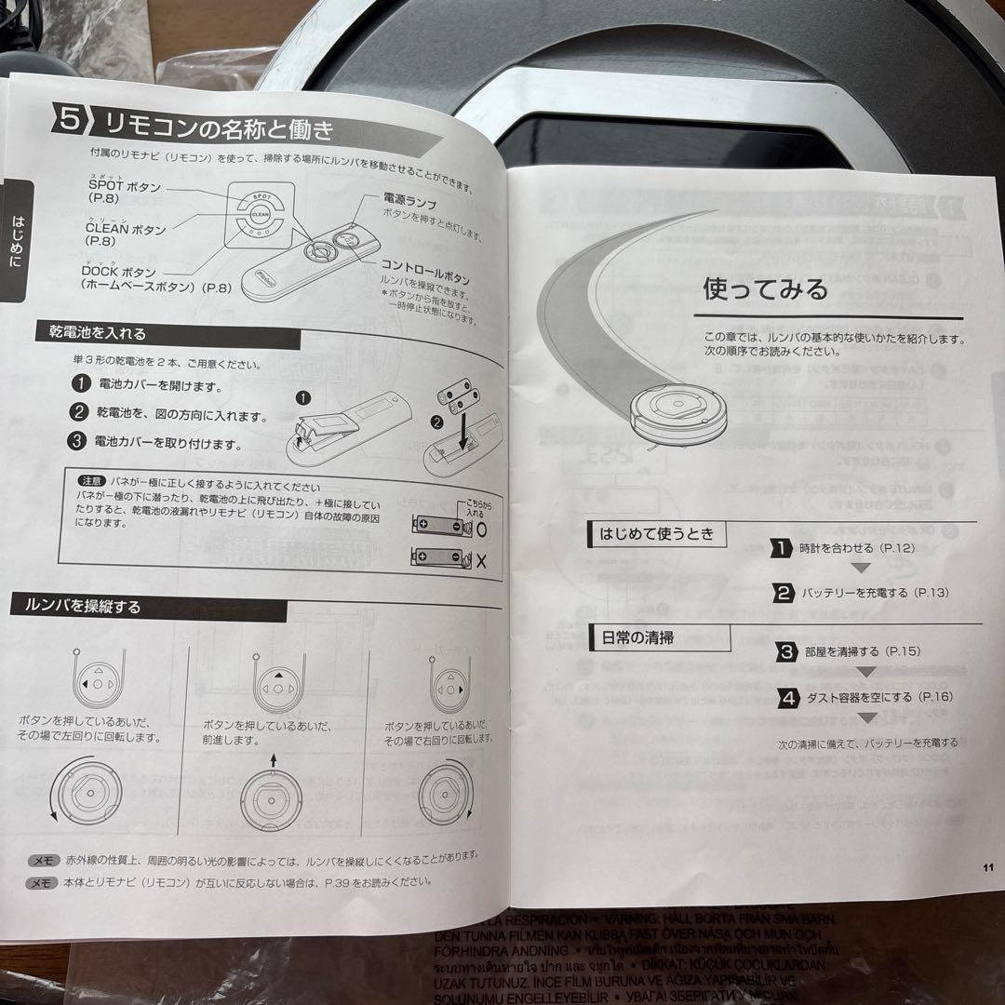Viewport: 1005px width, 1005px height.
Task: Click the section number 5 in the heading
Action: (x=71, y=120)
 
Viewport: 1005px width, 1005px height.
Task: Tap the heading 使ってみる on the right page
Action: (x=765, y=289)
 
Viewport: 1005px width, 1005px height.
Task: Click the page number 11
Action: (x=987, y=867)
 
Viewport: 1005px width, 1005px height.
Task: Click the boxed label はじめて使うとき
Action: (x=657, y=534)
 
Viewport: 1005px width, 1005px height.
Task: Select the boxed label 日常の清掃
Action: (x=638, y=638)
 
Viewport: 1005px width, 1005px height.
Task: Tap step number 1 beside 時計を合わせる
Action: (x=783, y=548)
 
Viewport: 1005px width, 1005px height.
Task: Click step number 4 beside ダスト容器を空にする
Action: (x=788, y=697)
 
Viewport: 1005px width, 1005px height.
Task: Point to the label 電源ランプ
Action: (x=409, y=199)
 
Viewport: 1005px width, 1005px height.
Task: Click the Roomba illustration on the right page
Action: (x=678, y=410)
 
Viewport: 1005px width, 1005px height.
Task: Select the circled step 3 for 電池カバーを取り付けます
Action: (x=80, y=441)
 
